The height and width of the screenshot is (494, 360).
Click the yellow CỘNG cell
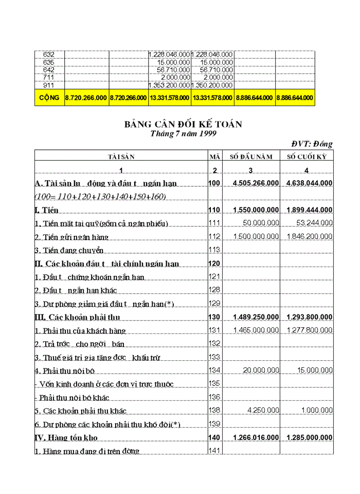pos(49,97)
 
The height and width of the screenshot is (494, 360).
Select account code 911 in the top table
pos(43,85)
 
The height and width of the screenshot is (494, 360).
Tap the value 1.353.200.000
pos(169,85)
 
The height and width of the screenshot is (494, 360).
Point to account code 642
pos(43,70)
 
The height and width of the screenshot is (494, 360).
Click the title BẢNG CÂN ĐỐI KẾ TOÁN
pos(183,124)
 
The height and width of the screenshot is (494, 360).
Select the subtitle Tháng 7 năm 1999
pos(183,133)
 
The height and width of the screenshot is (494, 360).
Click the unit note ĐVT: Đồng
pos(312,144)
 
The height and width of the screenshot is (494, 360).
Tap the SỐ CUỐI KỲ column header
pos(307,157)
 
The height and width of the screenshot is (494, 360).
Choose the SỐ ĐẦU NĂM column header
pos(251,157)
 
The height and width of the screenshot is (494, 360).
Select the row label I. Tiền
pos(47,210)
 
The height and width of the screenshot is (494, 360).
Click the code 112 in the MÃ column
pos(214,237)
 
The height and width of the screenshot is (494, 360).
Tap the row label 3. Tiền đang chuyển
pos(69,251)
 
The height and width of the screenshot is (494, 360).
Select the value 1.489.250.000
pos(256,316)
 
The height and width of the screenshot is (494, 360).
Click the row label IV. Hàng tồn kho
pos(66,437)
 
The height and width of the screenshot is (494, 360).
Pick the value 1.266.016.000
pos(256,437)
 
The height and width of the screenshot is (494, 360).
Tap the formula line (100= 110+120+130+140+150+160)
pos(93,197)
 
